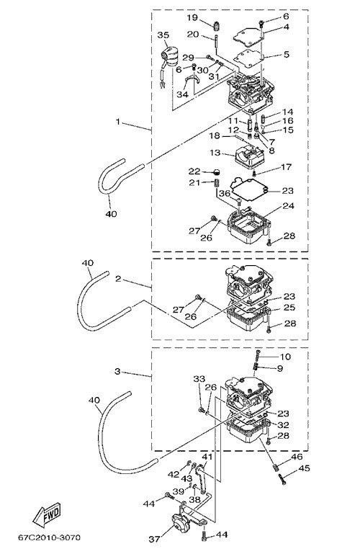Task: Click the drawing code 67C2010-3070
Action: [50, 537]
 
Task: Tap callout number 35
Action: [163, 35]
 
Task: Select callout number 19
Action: [192, 17]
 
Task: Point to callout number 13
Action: [215, 153]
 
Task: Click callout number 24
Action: [289, 205]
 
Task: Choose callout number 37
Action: [154, 539]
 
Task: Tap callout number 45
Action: [304, 468]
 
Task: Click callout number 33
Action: [199, 379]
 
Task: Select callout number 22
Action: [194, 171]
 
